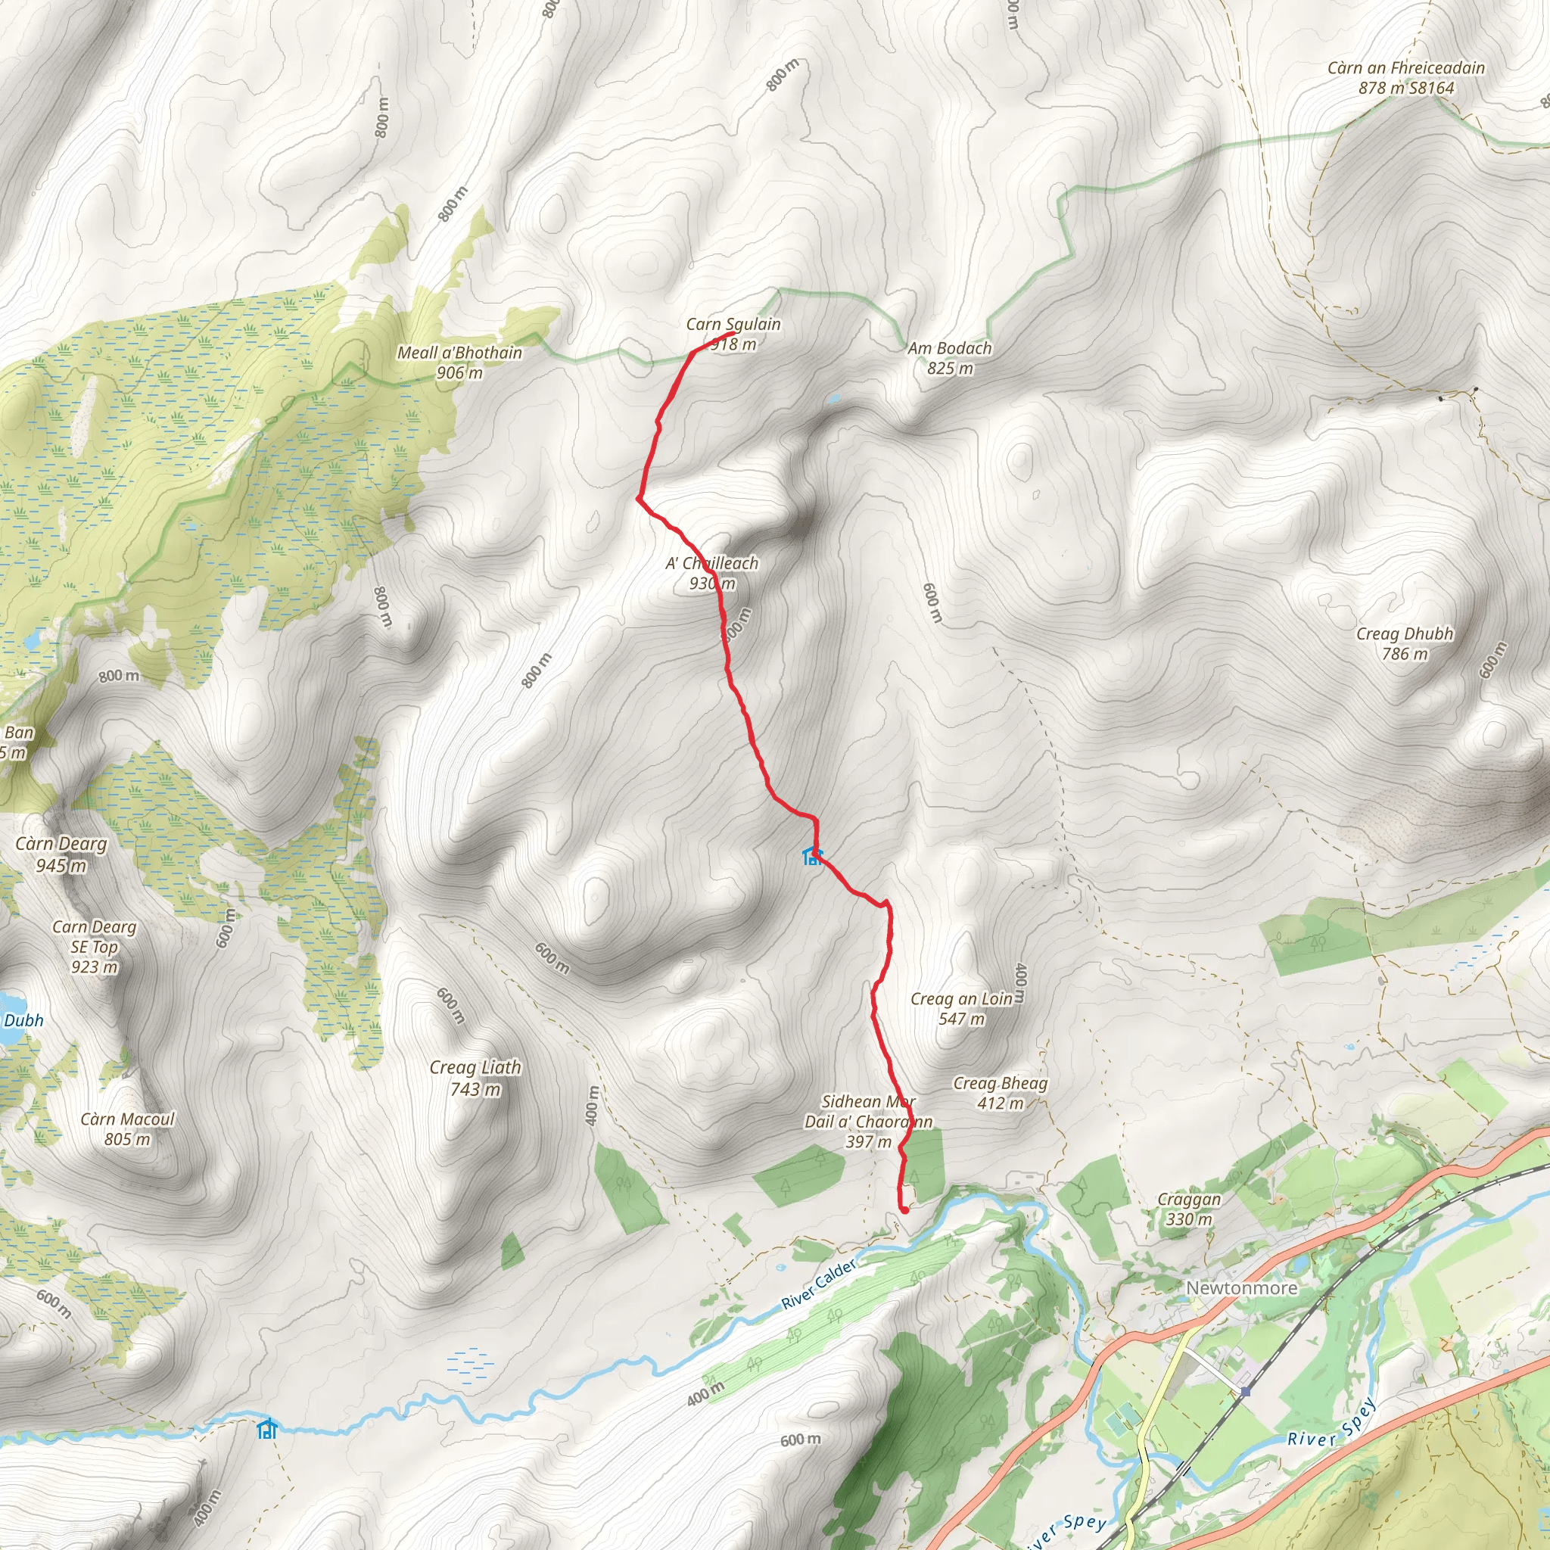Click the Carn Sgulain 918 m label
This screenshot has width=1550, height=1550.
click(x=733, y=334)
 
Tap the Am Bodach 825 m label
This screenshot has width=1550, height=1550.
click(x=950, y=358)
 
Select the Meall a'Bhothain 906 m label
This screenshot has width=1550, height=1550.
click(x=459, y=363)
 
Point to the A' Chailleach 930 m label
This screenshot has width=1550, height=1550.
click(x=711, y=573)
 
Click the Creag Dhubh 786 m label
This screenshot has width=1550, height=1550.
click(x=1404, y=643)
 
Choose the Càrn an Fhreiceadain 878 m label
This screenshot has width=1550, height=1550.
click(x=1405, y=78)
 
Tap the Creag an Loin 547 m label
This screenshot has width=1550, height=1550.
click(x=961, y=1008)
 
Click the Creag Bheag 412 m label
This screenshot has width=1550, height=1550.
click(x=1000, y=1093)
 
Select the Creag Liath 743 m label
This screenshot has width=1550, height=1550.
click(x=475, y=1078)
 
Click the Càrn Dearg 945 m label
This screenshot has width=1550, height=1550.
click(x=61, y=854)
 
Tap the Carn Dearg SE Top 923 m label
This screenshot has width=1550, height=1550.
click(x=94, y=947)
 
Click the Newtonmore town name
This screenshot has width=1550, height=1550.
click(x=1241, y=1287)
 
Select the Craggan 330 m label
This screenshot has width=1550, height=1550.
click(x=1189, y=1209)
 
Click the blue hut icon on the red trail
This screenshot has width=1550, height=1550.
click(x=812, y=857)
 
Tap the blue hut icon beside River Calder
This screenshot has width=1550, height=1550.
click(x=267, y=1429)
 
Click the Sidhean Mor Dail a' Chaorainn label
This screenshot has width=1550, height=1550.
click(x=868, y=1121)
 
